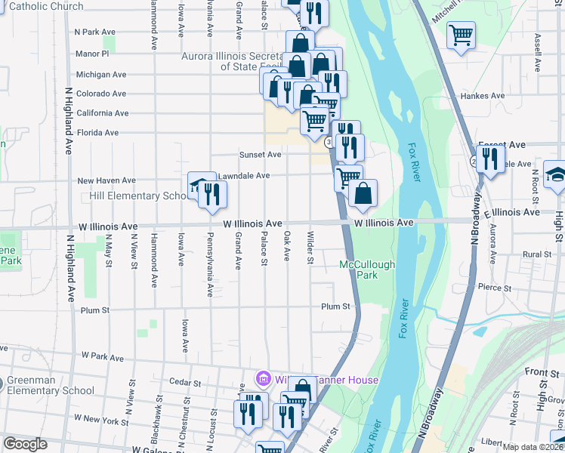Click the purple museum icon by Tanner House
(x=262, y=378)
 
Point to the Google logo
(x=25, y=444)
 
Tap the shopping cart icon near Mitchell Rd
(x=461, y=35)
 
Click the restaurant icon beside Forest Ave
(x=491, y=159)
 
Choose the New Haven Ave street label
(x=106, y=180)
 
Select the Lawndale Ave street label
(x=243, y=176)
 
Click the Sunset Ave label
(x=260, y=154)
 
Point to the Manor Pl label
(x=93, y=54)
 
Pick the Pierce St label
(x=496, y=288)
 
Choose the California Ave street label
(x=102, y=113)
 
